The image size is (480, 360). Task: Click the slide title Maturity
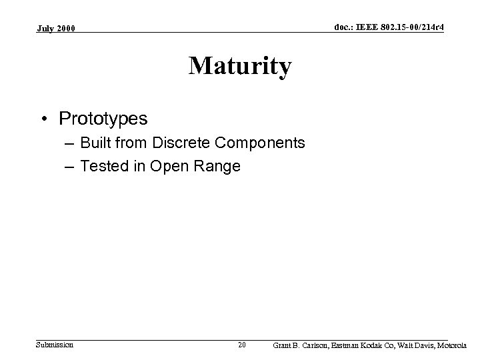click(x=239, y=67)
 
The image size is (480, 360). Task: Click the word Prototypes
click(x=103, y=119)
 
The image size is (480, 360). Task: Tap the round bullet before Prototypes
click(x=45, y=119)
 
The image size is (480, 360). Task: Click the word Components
click(x=265, y=143)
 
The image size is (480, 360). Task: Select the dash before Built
click(x=69, y=143)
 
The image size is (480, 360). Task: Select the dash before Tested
click(x=69, y=166)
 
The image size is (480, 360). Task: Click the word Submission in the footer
click(x=55, y=344)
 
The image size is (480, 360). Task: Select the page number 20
click(x=242, y=345)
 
